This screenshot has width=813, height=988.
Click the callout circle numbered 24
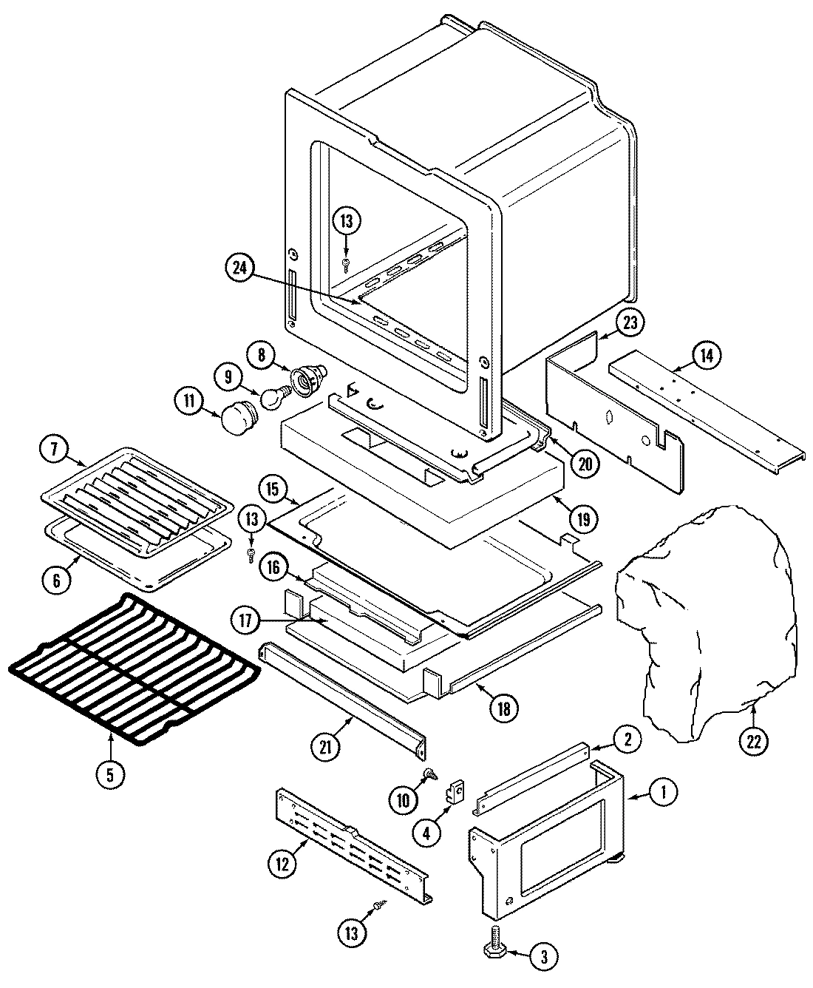pos(239,268)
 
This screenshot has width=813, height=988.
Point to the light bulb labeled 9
pos(272,398)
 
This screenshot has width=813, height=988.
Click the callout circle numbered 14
pos(707,356)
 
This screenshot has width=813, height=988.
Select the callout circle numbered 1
pos(662,793)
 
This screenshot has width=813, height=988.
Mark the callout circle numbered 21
pos(327,748)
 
